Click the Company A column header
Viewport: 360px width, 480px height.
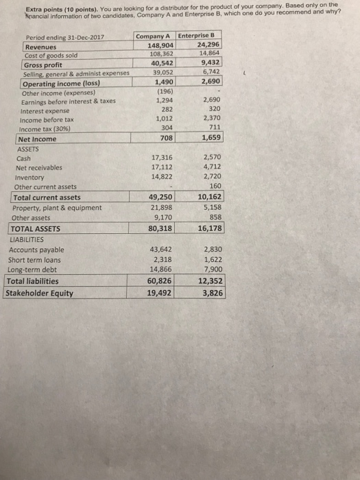coord(154,36)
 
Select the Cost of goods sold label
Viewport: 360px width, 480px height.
coord(51,56)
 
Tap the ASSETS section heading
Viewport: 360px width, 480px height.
coord(29,147)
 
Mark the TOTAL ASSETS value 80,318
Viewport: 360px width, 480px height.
coord(160,228)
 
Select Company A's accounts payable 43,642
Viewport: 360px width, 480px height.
coord(161,250)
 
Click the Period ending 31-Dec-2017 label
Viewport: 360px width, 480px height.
coord(63,37)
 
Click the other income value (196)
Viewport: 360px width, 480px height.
coord(165,91)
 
